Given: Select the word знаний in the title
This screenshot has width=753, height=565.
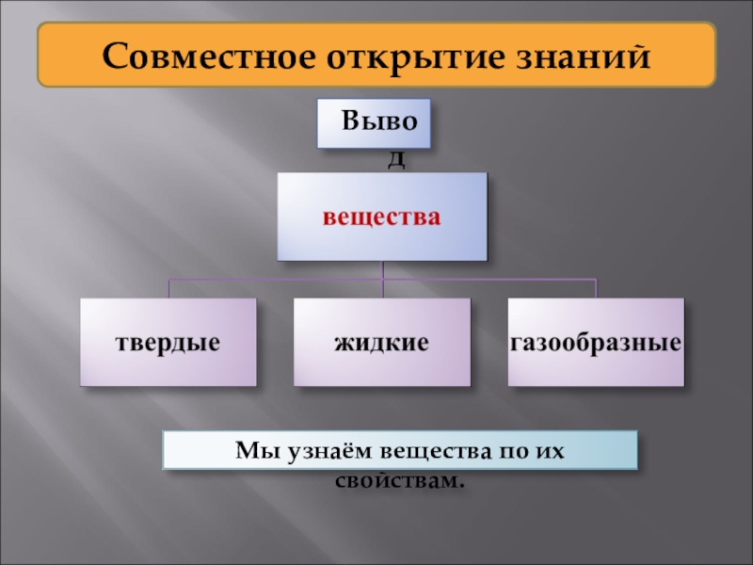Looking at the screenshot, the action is [x=584, y=56].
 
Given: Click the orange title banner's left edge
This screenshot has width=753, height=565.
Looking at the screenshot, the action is [x=40, y=56].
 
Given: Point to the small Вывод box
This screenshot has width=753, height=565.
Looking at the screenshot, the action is [x=374, y=123].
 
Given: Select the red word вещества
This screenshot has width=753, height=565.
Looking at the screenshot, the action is [x=382, y=218].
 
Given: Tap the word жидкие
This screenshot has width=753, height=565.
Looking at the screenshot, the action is [x=381, y=343].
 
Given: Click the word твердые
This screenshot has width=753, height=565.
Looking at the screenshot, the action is [x=168, y=343].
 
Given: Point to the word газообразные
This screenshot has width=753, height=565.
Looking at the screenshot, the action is [x=596, y=343].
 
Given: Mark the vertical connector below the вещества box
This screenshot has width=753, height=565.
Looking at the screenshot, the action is [x=382, y=269].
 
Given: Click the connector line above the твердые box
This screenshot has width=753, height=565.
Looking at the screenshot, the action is [x=169, y=288].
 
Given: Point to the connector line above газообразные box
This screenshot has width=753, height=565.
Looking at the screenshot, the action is [x=596, y=288].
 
